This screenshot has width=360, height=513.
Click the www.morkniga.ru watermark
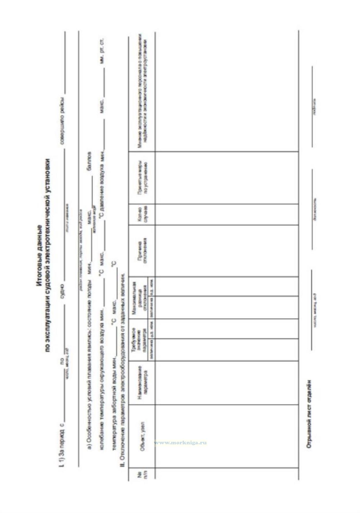pyautogui.click(x=180, y=443)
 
